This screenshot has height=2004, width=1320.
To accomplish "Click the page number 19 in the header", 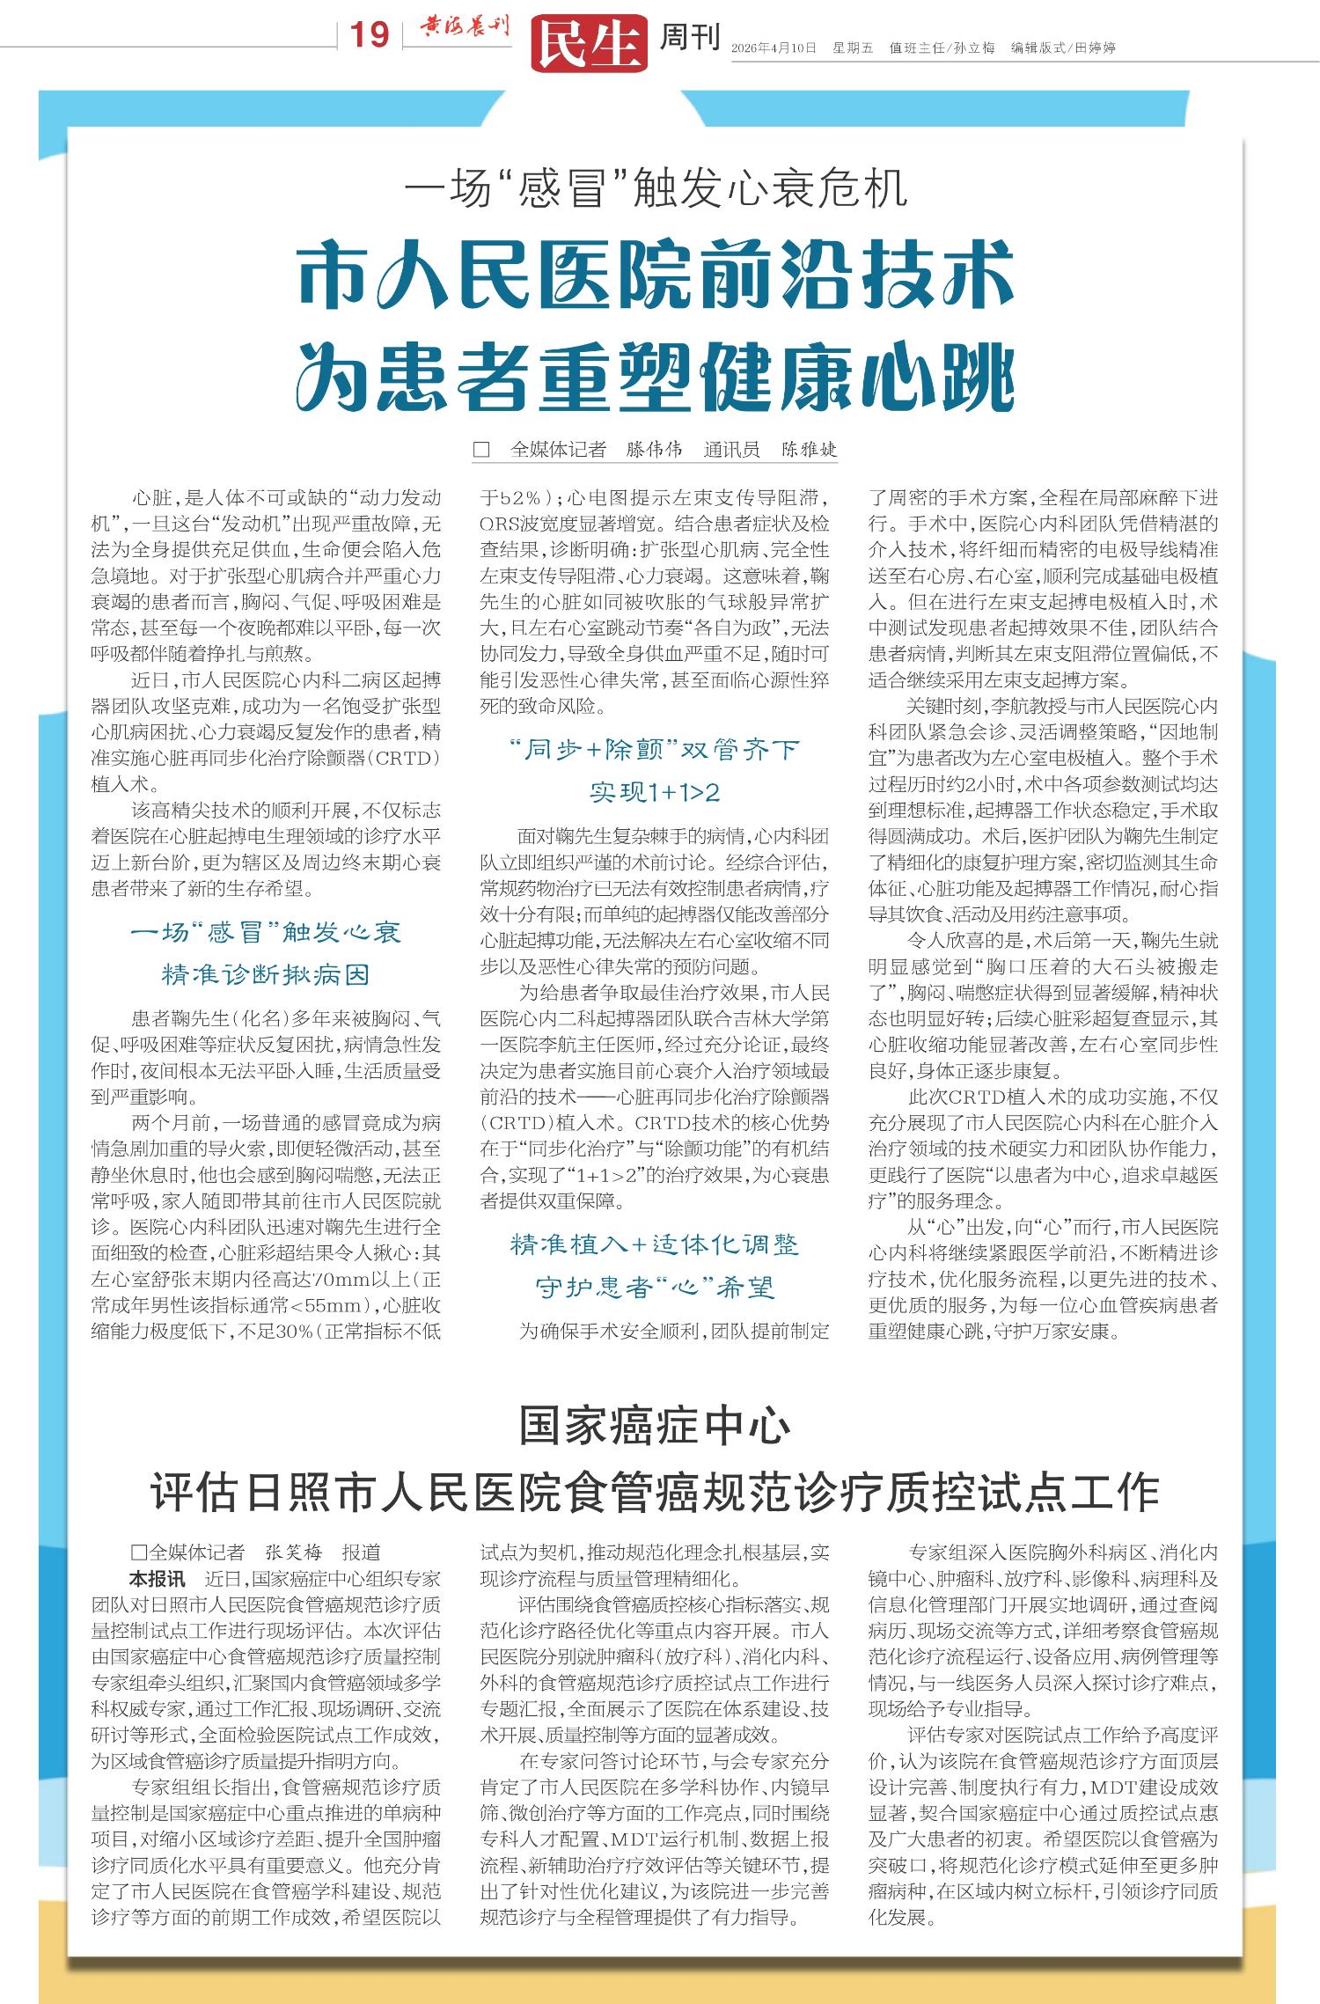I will (370, 35).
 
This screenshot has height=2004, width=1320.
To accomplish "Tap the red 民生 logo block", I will (589, 43).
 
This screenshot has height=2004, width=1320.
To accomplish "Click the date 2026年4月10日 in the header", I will (774, 48).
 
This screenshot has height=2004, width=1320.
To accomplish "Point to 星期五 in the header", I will (853, 48).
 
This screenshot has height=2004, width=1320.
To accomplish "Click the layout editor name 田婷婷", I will (1095, 48).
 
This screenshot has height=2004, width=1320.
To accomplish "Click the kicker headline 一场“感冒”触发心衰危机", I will (656, 188).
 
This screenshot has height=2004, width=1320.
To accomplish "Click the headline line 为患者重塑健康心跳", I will (656, 377).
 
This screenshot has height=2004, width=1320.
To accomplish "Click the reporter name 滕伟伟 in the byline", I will (654, 450).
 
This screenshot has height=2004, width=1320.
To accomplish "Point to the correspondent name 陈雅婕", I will (810, 450).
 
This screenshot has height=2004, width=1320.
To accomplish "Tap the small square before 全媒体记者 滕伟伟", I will (481, 450).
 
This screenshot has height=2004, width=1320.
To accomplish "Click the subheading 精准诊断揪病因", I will (265, 974).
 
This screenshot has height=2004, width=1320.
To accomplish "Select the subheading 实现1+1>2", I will (655, 792).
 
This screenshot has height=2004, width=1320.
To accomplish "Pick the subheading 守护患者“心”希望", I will (655, 1288).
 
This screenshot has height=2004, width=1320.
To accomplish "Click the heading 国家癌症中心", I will (655, 1426).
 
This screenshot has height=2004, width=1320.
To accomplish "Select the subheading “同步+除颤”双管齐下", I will (655, 750).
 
